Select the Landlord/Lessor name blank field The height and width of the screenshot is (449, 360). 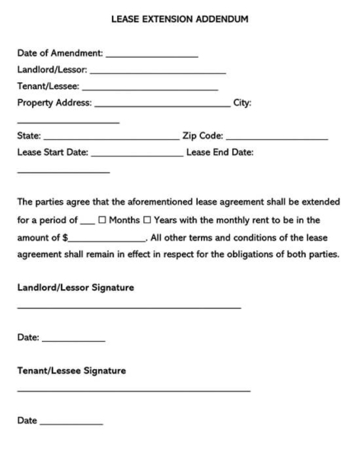pyautogui.click(x=164, y=72)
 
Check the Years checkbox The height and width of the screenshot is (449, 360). pyautogui.click(x=147, y=221)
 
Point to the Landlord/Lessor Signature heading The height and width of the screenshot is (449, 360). pyautogui.click(x=75, y=288)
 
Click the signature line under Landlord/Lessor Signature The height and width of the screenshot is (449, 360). pyautogui.click(x=129, y=307)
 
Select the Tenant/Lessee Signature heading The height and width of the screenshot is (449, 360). pyautogui.click(x=72, y=371)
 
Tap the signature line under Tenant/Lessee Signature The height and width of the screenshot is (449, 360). pyautogui.click(x=133, y=390)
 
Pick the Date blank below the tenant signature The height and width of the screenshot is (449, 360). pyautogui.click(x=72, y=423)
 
